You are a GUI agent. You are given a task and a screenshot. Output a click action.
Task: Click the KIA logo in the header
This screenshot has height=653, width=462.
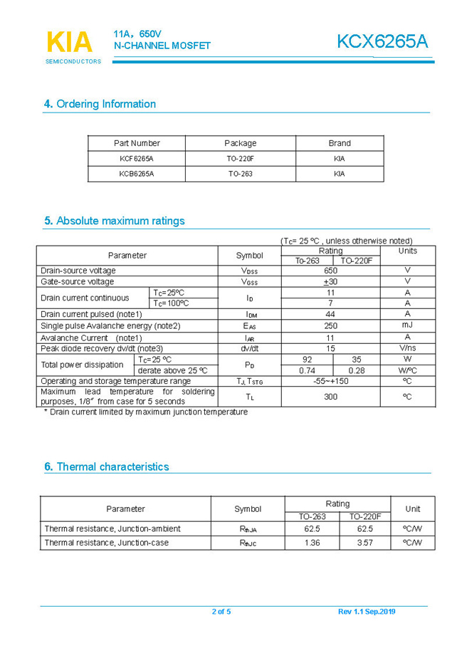point(70,43)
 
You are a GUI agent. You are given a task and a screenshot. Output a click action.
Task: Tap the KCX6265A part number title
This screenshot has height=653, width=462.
point(382,42)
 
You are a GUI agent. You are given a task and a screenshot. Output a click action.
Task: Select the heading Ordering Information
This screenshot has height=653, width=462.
point(100,104)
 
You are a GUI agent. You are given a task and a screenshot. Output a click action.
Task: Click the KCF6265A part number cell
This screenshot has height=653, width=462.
point(137,159)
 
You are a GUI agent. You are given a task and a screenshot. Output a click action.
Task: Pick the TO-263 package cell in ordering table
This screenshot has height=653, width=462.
point(240,174)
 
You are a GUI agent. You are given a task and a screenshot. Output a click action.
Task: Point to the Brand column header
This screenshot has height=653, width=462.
point(339,143)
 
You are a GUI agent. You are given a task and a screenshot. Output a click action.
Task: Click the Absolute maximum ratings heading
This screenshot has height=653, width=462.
point(114,221)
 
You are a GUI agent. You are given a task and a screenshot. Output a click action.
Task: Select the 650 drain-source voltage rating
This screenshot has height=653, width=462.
point(330,271)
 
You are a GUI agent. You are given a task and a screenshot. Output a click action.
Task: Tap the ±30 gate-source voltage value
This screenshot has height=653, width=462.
point(330,281)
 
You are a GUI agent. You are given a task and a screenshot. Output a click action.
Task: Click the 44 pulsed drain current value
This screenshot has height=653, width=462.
point(330,314)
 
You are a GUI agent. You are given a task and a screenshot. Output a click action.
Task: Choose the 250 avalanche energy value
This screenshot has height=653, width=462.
point(330,325)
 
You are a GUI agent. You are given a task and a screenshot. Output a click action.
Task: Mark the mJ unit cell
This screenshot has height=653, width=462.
point(407,325)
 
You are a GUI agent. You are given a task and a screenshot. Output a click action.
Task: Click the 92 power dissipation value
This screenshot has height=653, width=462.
point(308,360)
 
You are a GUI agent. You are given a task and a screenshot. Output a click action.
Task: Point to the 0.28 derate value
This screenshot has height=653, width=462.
point(356,370)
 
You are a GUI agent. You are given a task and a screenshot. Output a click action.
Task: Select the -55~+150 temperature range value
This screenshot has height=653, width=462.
point(330,381)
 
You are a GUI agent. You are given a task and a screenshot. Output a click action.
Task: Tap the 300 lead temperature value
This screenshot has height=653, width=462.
point(330,397)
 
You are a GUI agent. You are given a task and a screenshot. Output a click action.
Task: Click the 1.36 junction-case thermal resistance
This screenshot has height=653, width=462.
point(312,543)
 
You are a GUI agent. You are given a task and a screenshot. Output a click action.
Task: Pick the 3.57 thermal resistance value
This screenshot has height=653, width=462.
point(364,543)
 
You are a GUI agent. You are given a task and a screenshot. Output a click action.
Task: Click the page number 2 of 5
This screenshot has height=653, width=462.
point(221,612)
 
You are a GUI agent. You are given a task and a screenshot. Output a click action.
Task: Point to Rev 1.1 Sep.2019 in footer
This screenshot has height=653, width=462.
point(367,612)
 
